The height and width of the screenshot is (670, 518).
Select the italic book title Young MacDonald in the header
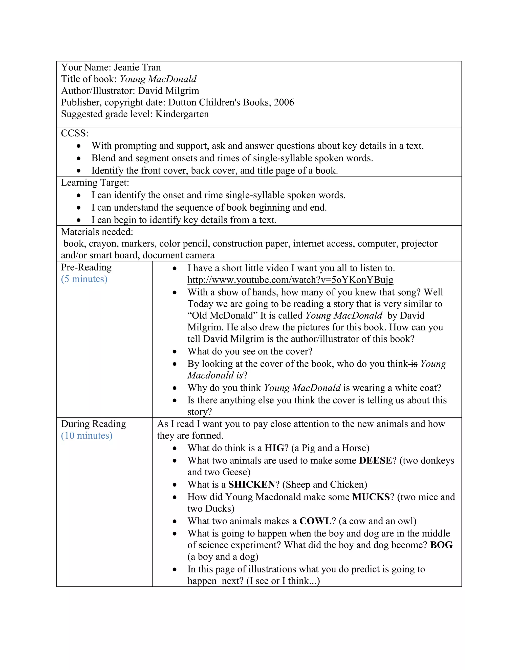[158, 79]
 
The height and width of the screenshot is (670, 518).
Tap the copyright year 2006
[284, 102]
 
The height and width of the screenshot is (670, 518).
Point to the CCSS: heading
[75, 133]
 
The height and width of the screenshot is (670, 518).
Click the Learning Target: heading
[95, 183]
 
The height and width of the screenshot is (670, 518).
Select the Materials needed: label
[97, 232]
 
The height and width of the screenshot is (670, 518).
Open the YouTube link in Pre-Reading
[290, 280]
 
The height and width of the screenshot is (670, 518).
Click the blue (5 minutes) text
[84, 279]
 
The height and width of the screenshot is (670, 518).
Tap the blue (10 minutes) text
[87, 435]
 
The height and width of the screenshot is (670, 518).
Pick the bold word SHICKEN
[252, 484]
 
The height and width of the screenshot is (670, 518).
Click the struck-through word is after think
[414, 364]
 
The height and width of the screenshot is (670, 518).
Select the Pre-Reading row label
[86, 267]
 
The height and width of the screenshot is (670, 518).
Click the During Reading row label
[93, 424]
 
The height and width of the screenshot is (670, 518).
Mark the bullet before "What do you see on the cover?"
[175, 352]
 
